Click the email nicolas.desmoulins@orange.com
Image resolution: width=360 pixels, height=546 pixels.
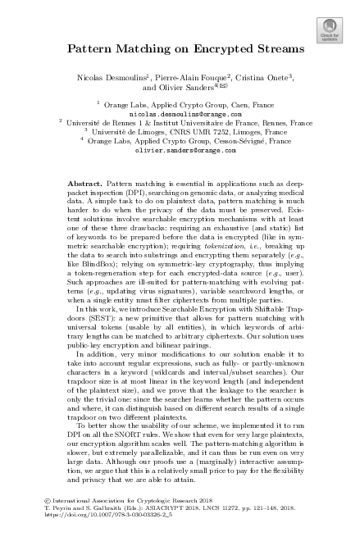click(180, 137)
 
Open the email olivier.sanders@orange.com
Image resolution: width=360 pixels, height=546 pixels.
click(180, 174)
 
